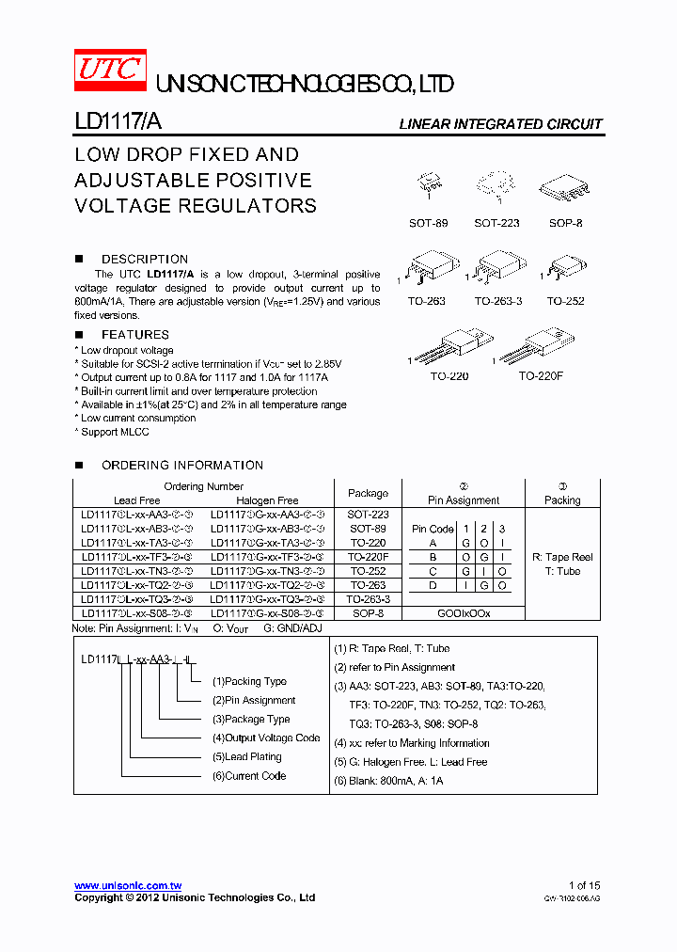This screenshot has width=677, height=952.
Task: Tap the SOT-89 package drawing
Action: point(429,185)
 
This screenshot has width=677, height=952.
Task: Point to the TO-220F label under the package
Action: point(540,375)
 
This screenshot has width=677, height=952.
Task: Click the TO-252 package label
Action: point(565,301)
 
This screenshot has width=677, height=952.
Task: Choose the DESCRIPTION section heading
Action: point(144,259)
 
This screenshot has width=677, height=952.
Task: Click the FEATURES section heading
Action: point(134,334)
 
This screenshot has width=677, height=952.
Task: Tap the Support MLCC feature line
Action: point(115,432)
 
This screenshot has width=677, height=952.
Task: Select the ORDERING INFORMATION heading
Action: point(181,465)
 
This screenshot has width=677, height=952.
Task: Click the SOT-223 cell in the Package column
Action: point(368,515)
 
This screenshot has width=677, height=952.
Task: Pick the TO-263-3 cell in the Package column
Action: point(368,598)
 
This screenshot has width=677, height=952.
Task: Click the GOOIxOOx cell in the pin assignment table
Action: point(463,612)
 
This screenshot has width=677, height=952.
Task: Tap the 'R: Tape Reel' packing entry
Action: point(562,557)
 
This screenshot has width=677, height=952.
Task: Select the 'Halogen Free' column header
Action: point(267,500)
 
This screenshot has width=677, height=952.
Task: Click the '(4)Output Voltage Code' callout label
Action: point(266,738)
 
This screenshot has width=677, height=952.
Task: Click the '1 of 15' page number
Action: point(584,885)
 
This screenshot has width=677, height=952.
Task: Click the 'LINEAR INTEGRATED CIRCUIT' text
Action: point(500,124)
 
